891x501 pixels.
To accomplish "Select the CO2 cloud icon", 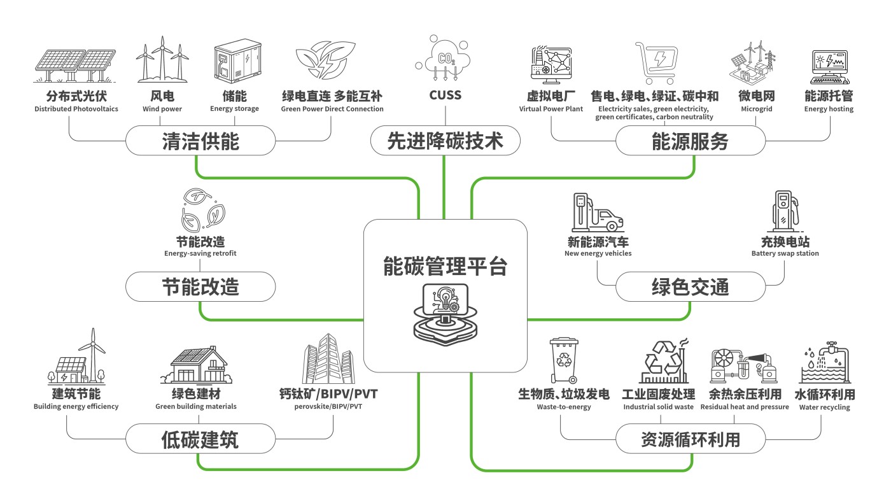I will coord(444,59).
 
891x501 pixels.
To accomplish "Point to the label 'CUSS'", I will coord(445,96).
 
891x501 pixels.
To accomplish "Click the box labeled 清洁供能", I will coord(200,141).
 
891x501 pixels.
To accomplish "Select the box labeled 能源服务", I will coord(690,141).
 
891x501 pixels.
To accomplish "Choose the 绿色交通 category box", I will coord(690,287).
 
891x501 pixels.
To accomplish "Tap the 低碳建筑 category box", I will coord(200,439).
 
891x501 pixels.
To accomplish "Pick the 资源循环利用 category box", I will coord(690,439).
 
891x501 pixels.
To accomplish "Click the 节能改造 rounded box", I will coord(200,287).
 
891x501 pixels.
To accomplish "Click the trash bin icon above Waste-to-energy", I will coord(564,360).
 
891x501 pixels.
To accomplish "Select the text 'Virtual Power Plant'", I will coord(551,109).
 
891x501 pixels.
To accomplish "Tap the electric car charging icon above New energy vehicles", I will coord(597,213).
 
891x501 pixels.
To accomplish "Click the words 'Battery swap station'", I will coord(785,253).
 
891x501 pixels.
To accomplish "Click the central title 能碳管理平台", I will coord(445,266).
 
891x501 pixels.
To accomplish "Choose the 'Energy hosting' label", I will coord(829,109).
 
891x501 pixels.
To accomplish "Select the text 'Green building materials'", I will coord(196,407).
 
